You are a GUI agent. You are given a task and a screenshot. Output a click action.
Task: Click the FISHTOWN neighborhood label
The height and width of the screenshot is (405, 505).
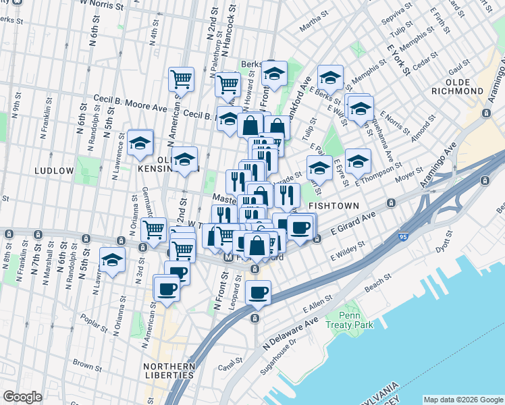328,205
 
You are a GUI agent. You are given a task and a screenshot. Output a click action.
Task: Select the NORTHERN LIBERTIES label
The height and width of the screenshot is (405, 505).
169,371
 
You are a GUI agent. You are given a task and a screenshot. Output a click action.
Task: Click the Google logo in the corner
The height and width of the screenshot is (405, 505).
22,396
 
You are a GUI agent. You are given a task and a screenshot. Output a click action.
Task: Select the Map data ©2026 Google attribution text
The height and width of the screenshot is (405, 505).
463,399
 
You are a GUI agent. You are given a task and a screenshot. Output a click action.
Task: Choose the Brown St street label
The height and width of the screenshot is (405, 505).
87,364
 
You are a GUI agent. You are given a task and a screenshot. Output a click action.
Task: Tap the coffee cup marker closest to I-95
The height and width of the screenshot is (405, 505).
258,292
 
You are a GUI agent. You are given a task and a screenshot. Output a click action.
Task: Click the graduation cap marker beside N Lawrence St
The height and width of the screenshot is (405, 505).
140,142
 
